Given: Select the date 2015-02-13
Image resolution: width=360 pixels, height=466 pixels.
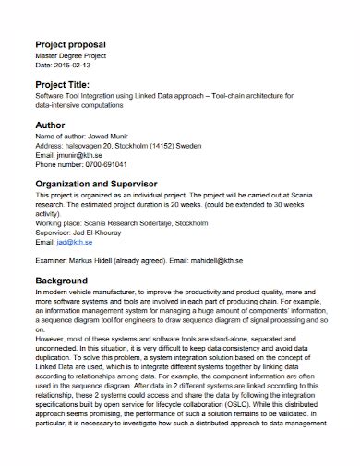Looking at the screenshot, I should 73,65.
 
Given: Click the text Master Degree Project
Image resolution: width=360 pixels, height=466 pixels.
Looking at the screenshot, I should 72,56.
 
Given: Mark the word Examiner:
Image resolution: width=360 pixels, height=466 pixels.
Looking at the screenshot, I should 53,261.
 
